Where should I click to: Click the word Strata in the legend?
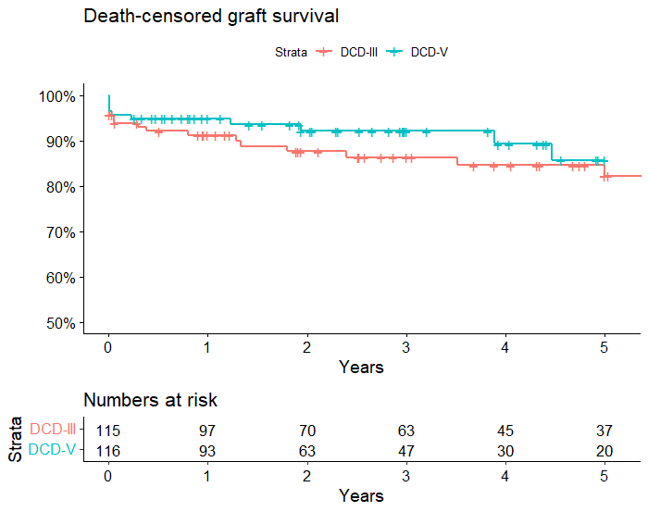pyautogui.click(x=291, y=52)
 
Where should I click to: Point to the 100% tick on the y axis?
pyautogui.click(x=56, y=96)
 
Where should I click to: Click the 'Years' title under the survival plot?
pyautogui.click(x=361, y=368)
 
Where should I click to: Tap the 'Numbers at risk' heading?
pyautogui.click(x=150, y=400)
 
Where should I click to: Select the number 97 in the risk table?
pyautogui.click(x=207, y=431)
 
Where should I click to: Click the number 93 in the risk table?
pyautogui.click(x=207, y=451)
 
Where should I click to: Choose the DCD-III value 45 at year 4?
pyautogui.click(x=505, y=431)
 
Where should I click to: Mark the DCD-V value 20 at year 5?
pyautogui.click(x=604, y=451)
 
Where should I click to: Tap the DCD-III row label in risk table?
pyautogui.click(x=53, y=431)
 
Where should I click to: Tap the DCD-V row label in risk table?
pyautogui.click(x=53, y=451)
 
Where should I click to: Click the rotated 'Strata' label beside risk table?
pyautogui.click(x=16, y=439)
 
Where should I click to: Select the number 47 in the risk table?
pyautogui.click(x=405, y=451)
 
